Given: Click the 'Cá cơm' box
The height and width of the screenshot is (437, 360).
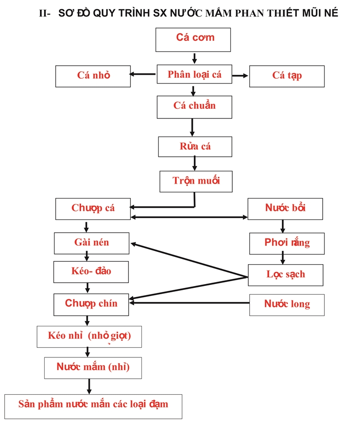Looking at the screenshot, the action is point(193,40).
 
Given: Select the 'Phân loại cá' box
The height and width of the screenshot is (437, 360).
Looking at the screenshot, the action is point(194,74).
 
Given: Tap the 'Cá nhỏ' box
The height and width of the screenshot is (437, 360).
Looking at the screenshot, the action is point(93,76).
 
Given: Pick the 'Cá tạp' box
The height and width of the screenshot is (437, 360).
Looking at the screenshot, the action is point(287,76).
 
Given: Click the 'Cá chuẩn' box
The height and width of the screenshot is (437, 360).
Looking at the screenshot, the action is point(194,107).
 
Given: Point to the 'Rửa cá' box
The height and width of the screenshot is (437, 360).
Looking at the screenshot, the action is point(195,147).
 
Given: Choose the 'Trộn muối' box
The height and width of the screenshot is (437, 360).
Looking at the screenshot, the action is point(196,182).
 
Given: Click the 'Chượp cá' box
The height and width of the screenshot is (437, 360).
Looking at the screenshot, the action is point(93,209).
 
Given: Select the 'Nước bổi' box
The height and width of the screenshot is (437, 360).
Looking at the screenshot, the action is point(285,209).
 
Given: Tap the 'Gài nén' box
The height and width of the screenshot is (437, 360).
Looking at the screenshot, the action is point(91,243).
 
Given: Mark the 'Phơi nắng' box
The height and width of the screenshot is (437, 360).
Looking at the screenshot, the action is point(287,244).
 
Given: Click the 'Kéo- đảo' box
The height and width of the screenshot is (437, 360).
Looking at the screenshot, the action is point(91,272).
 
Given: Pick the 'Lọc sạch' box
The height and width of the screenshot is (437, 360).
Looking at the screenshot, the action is point(286,275).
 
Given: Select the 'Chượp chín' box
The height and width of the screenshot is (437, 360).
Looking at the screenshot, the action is point(91,304).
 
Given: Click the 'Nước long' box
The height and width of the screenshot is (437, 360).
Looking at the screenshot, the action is point(287,305).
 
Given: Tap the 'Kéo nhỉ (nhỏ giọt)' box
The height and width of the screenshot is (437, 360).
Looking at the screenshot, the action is point(89,336).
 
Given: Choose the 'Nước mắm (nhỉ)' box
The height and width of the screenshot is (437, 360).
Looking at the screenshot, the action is point(93,368).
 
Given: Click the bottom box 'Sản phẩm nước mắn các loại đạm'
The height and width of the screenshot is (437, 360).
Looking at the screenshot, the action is point(93,406).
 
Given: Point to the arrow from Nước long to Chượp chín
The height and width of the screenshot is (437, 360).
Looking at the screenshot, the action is point(189,303).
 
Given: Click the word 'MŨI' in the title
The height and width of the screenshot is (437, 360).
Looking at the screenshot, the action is point(309,13).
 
